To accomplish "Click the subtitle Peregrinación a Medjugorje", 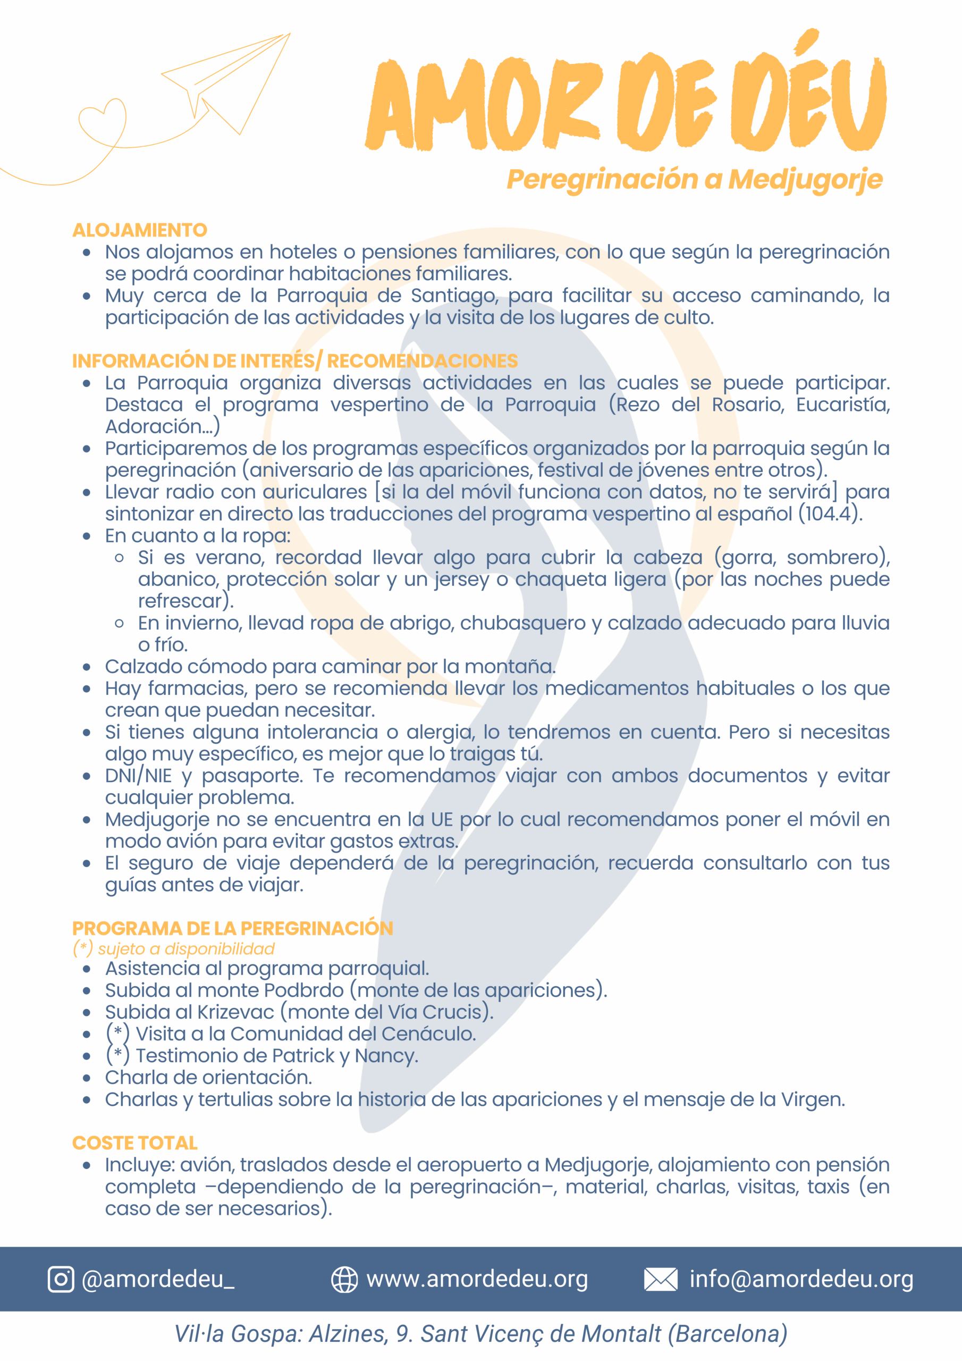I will (695, 180).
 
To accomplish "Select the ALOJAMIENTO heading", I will (140, 230).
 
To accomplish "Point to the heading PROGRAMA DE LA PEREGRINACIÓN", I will (232, 928).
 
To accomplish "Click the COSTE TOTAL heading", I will (134, 1142).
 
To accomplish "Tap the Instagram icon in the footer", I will (61, 1279).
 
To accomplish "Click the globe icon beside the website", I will (344, 1279).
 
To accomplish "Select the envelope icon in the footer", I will (660, 1279).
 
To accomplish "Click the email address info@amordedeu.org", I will (801, 1279).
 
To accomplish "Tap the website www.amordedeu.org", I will (477, 1279).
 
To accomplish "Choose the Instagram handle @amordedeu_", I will (158, 1279).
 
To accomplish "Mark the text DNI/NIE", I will (138, 775).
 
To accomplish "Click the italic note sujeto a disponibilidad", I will (186, 948).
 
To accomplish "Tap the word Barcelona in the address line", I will (731, 1334).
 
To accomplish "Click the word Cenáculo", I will (428, 1034).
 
